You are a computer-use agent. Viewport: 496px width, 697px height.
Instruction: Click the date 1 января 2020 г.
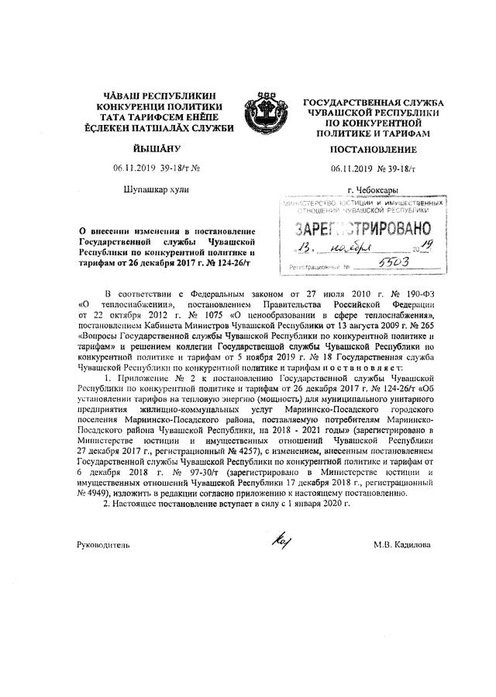click(310, 504)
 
